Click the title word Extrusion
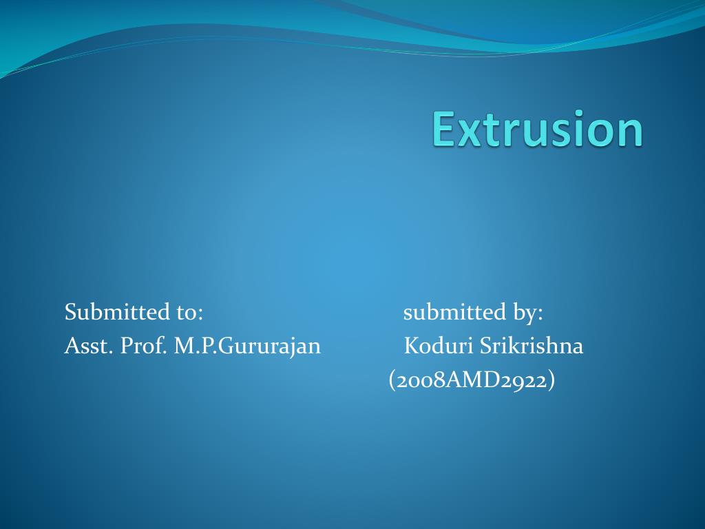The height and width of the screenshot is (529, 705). pyautogui.click(x=538, y=129)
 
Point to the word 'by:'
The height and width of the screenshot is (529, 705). pyautogui.click(x=527, y=313)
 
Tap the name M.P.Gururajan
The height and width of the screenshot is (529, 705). pyautogui.click(x=247, y=346)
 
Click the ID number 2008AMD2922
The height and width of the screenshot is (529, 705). pyautogui.click(x=472, y=380)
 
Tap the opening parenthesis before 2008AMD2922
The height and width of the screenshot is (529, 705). pyautogui.click(x=392, y=380)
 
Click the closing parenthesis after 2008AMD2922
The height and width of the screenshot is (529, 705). pyautogui.click(x=551, y=380)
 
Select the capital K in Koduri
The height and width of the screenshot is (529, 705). pyautogui.click(x=411, y=346)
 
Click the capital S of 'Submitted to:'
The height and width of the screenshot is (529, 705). pyautogui.click(x=70, y=312)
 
